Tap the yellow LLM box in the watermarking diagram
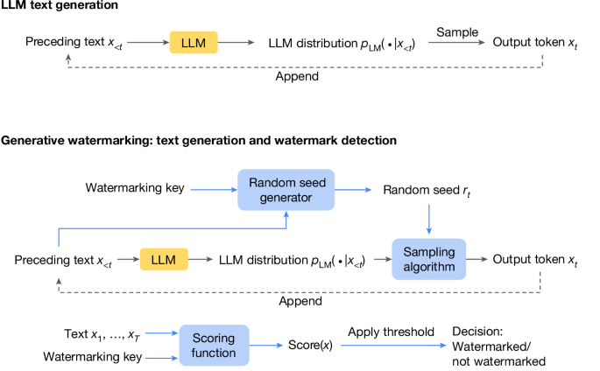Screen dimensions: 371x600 (x=165, y=260)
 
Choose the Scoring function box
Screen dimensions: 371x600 (x=214, y=346)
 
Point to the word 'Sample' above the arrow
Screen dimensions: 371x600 (x=456, y=32)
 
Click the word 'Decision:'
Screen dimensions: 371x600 (x=478, y=332)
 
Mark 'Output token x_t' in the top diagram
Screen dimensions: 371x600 (x=535, y=42)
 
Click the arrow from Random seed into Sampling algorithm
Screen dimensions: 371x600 (x=428, y=219)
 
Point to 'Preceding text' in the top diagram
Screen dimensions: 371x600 (x=60, y=42)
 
